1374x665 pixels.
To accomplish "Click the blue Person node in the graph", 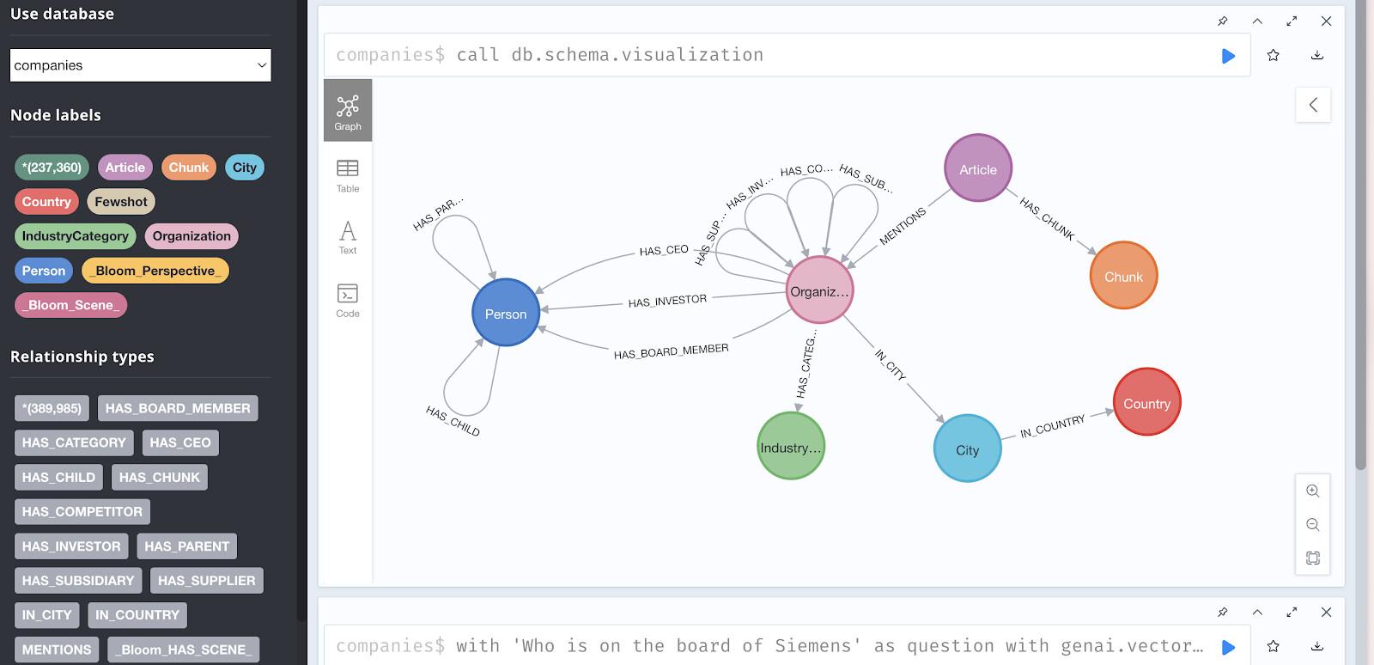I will click(506, 313).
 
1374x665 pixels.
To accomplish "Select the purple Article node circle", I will click(977, 168).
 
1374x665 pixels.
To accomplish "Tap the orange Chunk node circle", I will click(1123, 276).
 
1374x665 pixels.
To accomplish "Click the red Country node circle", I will click(1146, 402).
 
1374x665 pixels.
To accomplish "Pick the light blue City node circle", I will click(967, 448).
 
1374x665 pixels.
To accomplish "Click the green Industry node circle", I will click(790, 446).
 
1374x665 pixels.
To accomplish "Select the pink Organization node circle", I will click(819, 290).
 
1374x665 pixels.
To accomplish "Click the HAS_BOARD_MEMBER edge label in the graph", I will click(671, 351).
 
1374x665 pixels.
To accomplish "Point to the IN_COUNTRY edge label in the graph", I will click(1052, 426).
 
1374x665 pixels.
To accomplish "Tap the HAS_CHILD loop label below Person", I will click(453, 420).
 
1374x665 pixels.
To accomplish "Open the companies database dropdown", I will click(140, 65).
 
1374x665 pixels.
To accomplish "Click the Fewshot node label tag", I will click(121, 202).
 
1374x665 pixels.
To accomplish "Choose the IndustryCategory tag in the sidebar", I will click(75, 236).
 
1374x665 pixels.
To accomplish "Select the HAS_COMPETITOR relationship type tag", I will click(82, 511).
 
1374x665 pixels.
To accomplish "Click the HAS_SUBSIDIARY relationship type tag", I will click(78, 581).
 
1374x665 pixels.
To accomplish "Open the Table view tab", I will click(348, 175).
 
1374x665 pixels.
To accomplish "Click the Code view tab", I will click(348, 300).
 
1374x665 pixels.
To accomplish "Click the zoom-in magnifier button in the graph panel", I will click(1312, 491).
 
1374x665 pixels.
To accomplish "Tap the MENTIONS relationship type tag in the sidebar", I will click(57, 650).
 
